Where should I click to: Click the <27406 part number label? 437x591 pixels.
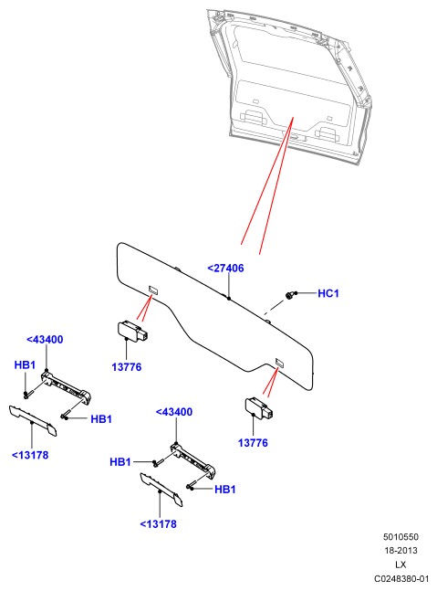point(225,268)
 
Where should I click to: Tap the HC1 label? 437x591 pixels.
point(328,293)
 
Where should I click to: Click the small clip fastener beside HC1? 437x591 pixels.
point(290,295)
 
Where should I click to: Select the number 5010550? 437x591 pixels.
point(401,537)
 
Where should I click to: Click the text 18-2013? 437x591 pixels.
point(401,550)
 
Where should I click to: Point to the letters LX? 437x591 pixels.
point(401,565)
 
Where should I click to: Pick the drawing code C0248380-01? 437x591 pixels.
point(401,578)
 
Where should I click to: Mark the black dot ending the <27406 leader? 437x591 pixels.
point(229,299)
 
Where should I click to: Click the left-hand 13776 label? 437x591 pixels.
point(127,366)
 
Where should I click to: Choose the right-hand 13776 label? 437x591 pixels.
point(253,442)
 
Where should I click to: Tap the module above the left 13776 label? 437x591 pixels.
point(133,331)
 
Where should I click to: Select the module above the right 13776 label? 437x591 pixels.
point(259,407)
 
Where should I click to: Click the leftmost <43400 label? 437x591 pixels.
point(45,339)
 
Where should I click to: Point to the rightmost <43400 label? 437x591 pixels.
point(174,412)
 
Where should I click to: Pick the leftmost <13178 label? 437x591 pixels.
point(30,455)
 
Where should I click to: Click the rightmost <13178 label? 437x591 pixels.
point(158,524)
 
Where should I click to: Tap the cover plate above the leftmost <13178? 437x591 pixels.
point(33,420)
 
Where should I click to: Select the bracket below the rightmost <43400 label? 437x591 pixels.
point(192,460)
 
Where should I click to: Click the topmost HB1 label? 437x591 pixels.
point(25,364)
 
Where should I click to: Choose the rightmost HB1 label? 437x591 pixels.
point(225,490)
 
